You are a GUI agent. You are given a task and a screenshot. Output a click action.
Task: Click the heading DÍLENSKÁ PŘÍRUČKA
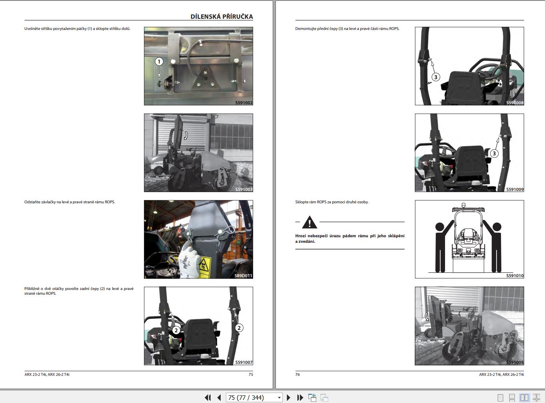pyautogui.click(x=222, y=16)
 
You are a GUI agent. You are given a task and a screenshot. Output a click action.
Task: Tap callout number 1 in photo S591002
pyautogui.click(x=159, y=62)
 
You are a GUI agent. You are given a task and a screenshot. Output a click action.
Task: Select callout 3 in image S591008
pyautogui.click(x=436, y=77)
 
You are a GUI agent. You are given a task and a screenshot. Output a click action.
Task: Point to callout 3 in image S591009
pyautogui.click(x=494, y=153)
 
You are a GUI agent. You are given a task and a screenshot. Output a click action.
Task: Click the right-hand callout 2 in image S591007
pyautogui.click(x=239, y=328)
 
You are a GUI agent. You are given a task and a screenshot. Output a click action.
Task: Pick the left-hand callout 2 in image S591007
pyautogui.click(x=176, y=330)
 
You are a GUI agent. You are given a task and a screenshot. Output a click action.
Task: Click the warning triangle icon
pyautogui.click(x=309, y=222)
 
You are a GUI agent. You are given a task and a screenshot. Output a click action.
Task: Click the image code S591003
pyautogui.click(x=244, y=189)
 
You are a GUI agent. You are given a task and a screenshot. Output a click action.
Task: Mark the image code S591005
pyautogui.click(x=515, y=362)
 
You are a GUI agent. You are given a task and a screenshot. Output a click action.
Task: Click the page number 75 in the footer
pyautogui.click(x=251, y=375)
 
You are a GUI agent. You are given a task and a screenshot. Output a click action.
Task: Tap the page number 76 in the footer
pyautogui.click(x=297, y=375)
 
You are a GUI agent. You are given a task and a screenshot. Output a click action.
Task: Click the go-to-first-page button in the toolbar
pyautogui.click(x=208, y=397)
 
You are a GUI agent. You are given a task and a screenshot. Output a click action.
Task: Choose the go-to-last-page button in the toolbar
pyautogui.click(x=300, y=397)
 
